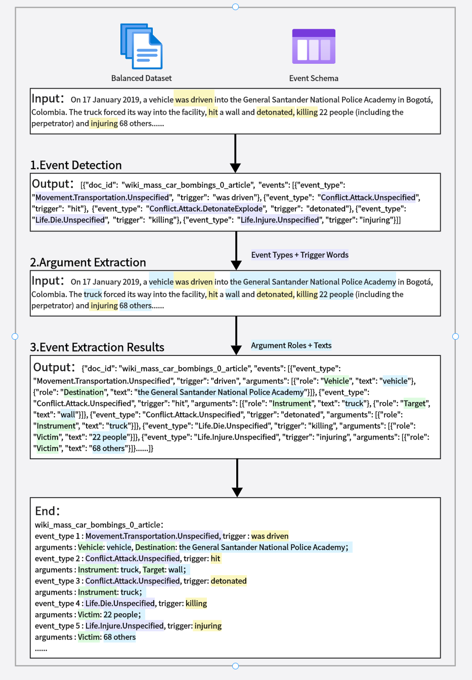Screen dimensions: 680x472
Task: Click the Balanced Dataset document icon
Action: click(141, 47)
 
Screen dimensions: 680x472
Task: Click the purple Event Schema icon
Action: click(314, 46)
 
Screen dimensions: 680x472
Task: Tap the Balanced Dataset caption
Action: click(141, 78)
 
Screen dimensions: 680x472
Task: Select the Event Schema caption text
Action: click(314, 78)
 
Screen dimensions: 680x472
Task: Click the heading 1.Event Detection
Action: click(76, 165)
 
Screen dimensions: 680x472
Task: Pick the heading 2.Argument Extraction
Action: click(88, 262)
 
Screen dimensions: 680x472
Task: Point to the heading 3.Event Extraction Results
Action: click(97, 347)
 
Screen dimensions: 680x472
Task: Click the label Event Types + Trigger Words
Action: click(299, 255)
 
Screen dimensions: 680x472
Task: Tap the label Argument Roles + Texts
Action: click(291, 345)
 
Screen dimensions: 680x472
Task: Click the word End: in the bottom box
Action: click(48, 511)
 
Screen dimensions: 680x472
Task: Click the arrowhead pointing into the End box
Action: click(237, 492)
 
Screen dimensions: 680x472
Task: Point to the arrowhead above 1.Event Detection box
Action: click(235, 168)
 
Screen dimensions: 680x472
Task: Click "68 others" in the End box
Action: click(119, 637)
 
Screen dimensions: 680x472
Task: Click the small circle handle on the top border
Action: click(235, 7)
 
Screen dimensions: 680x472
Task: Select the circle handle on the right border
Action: click(455, 336)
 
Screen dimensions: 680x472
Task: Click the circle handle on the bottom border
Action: click(235, 666)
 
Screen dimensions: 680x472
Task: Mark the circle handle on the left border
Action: click(15, 336)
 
